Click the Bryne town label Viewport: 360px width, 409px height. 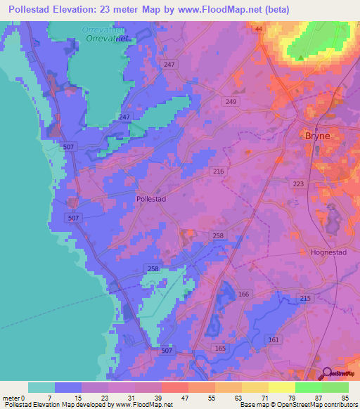tap(318, 136)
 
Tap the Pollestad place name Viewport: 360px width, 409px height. tap(150, 199)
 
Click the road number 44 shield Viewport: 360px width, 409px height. tap(258, 28)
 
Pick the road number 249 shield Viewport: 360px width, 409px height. tap(231, 102)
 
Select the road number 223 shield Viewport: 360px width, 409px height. tap(298, 183)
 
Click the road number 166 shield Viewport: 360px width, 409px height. tap(244, 294)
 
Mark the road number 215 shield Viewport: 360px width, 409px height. tap(305, 299)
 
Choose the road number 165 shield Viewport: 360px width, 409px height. tap(220, 349)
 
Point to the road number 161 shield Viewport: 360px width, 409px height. tap(273, 339)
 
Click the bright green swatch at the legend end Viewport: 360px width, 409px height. tap(335, 387)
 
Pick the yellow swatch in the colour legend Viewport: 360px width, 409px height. tap(282, 387)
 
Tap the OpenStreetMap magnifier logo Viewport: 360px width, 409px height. tap(328, 374)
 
